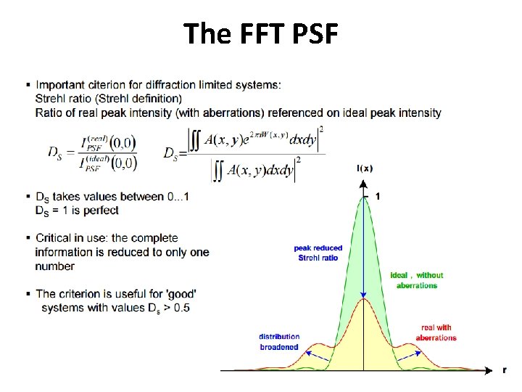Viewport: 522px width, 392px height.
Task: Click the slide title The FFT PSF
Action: (x=260, y=33)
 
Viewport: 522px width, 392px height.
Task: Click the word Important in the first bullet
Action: (x=61, y=85)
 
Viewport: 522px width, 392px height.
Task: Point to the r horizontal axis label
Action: (x=505, y=369)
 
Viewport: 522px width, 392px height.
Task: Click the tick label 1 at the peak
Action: (x=377, y=196)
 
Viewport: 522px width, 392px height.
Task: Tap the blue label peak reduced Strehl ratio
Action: (x=318, y=253)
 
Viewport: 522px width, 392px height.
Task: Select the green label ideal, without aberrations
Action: (x=417, y=280)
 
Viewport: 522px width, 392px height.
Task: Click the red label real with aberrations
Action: (x=436, y=332)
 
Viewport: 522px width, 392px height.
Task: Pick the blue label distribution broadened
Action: (x=279, y=342)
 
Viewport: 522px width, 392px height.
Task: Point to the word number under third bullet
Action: (x=54, y=266)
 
